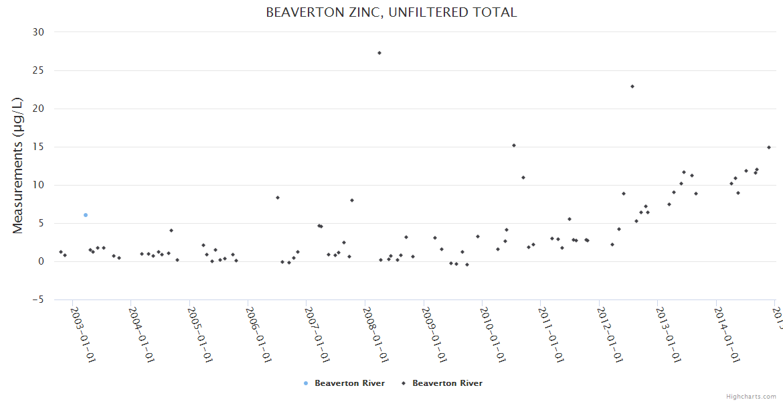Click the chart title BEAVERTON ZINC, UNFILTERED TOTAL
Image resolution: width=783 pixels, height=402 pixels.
tap(391, 13)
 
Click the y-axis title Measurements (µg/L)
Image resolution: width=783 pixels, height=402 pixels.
tap(18, 165)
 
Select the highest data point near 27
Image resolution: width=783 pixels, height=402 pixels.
tap(379, 53)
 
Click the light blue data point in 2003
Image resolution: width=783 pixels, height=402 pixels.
tap(86, 215)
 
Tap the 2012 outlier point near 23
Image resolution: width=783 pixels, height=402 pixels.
tap(632, 86)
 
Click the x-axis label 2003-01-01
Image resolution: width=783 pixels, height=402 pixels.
tap(84, 334)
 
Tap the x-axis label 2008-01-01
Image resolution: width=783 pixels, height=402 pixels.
tap(376, 334)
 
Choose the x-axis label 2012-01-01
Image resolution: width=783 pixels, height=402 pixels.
tap(610, 334)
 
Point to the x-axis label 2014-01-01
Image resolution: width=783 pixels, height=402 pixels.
tap(727, 334)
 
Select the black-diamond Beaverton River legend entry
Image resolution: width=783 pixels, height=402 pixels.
tap(442, 383)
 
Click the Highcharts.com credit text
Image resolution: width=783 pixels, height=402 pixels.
tap(751, 397)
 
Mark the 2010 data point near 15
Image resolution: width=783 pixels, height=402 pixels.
tap(514, 145)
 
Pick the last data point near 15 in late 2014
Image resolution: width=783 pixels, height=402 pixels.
tap(769, 147)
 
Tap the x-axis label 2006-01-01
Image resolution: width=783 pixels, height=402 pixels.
tap(259, 334)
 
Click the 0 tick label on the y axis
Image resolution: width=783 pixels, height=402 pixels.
tap(41, 261)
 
